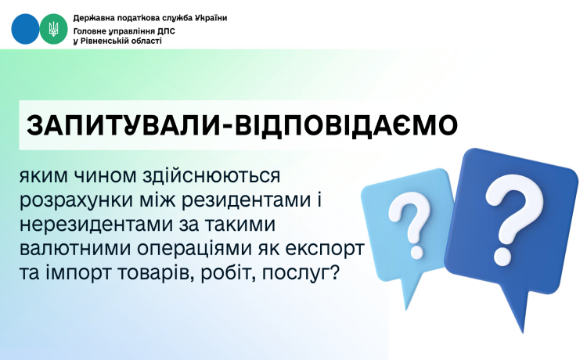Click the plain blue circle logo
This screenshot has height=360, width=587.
click(24, 29)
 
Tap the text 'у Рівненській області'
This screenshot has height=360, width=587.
click(117, 41)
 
